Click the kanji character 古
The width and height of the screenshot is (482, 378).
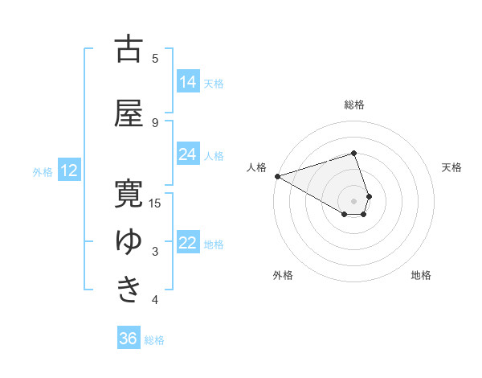click(129, 49)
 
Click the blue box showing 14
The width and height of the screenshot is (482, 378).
click(188, 82)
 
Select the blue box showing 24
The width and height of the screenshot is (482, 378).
click(188, 154)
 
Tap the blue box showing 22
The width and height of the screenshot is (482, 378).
click(188, 244)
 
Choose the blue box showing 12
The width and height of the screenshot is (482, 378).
click(69, 171)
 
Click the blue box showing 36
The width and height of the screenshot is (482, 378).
click(129, 339)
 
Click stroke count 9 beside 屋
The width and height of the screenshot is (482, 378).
click(155, 122)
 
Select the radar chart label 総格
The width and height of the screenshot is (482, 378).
click(353, 105)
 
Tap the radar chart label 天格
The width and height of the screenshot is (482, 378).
click(452, 167)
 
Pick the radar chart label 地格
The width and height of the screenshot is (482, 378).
click(421, 275)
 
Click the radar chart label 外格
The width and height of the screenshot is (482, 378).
click(283, 275)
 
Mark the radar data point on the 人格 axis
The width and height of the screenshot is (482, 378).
click(277, 176)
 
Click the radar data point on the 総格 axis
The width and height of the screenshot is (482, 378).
click(353, 153)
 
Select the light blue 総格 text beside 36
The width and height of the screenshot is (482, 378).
click(154, 340)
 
